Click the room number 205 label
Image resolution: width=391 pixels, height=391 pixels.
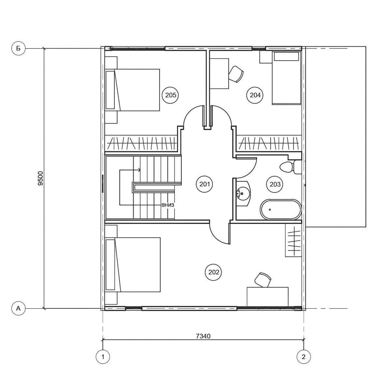(170, 95)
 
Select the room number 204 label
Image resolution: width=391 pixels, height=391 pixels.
(255, 95)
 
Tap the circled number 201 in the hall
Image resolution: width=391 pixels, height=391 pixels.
(205, 184)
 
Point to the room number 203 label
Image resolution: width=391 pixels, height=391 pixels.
(275, 184)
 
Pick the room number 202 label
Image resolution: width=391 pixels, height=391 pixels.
(214, 272)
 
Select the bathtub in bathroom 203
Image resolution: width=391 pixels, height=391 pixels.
(281, 210)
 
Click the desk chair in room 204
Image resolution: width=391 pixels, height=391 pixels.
(236, 74)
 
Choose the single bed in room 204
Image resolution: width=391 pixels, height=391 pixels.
(286, 78)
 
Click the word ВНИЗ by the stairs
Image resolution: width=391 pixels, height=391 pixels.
(167, 205)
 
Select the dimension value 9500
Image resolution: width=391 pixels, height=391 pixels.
(41, 178)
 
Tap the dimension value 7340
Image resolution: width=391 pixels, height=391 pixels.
(203, 336)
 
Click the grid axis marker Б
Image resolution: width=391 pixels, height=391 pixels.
(18, 49)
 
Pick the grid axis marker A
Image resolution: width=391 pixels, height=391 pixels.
(18, 309)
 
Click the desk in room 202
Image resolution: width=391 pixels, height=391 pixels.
(268, 297)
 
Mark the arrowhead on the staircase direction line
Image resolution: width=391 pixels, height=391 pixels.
(139, 170)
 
